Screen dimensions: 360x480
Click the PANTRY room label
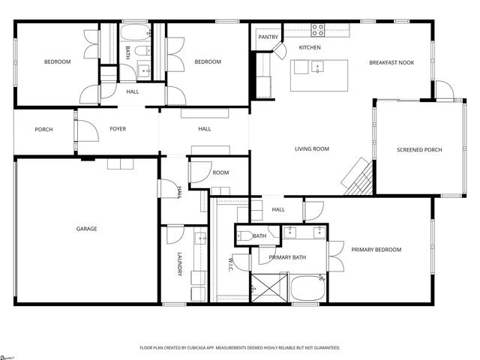click(x=268, y=37)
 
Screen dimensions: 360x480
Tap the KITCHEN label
click(x=310, y=48)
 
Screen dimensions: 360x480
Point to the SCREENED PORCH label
click(x=419, y=150)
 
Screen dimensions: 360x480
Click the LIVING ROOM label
click(x=311, y=149)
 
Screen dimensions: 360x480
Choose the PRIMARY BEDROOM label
click(x=376, y=250)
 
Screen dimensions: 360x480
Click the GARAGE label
click(x=86, y=229)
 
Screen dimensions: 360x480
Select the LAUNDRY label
click(x=179, y=263)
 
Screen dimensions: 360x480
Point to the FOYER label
click(x=118, y=129)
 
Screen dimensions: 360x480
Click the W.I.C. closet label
click(x=230, y=265)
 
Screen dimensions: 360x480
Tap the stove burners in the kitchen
click(x=318, y=31)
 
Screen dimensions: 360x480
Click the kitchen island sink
click(x=318, y=67)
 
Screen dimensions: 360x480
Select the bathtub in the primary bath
click(x=306, y=288)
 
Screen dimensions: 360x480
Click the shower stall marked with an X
click(x=263, y=287)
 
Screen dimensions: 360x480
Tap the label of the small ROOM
click(x=220, y=173)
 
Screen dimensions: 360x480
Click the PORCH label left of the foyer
click(x=44, y=130)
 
